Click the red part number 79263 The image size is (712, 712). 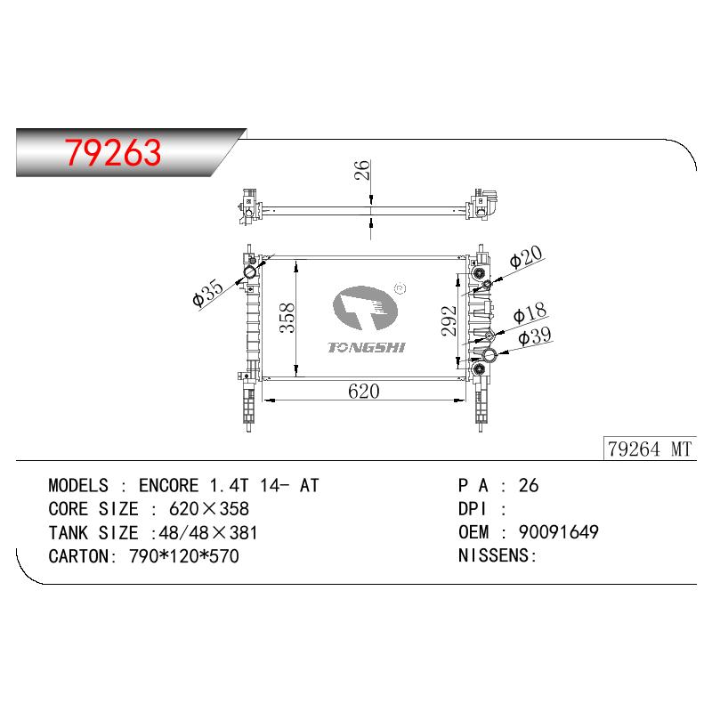[113, 152]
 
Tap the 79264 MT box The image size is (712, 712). [650, 449]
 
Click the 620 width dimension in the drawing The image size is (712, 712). [364, 391]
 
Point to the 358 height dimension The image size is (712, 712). [287, 318]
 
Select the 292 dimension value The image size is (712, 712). [449, 321]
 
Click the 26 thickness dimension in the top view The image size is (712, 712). [362, 170]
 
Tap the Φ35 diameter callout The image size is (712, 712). [208, 294]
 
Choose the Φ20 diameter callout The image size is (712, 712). [526, 257]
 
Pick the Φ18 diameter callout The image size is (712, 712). [530, 312]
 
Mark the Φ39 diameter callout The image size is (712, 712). [535, 336]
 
